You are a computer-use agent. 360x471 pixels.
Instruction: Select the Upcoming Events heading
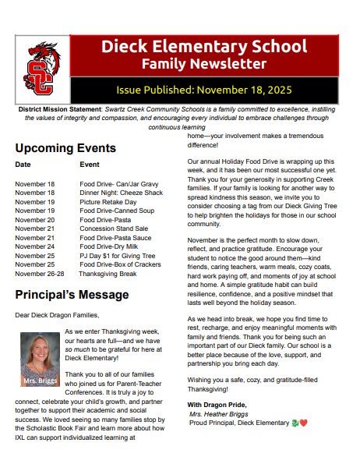coord(65,148)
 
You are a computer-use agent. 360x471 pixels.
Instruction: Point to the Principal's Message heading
coord(72,295)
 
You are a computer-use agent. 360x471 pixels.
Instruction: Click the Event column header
coord(90,165)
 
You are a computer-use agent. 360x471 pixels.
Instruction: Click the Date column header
coord(23,165)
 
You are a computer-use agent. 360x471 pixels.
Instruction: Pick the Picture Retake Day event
coord(108,201)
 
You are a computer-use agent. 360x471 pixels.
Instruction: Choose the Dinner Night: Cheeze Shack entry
coord(121,193)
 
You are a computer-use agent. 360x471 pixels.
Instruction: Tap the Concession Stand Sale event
coord(114,228)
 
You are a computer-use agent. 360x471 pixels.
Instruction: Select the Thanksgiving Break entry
coord(108,274)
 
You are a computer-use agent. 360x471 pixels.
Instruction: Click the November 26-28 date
coord(40,274)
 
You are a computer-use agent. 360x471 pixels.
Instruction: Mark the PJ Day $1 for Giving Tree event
coord(118,256)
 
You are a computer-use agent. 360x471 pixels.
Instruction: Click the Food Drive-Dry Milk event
coord(108,246)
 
